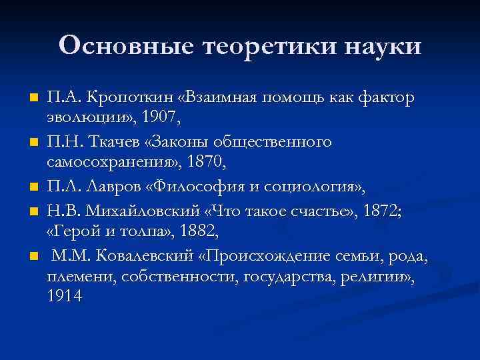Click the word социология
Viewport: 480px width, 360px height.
tap(305, 185)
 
